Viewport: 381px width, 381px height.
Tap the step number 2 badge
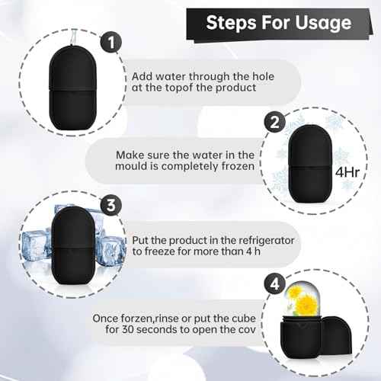(x=275, y=121)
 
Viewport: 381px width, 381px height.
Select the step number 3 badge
(x=111, y=204)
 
